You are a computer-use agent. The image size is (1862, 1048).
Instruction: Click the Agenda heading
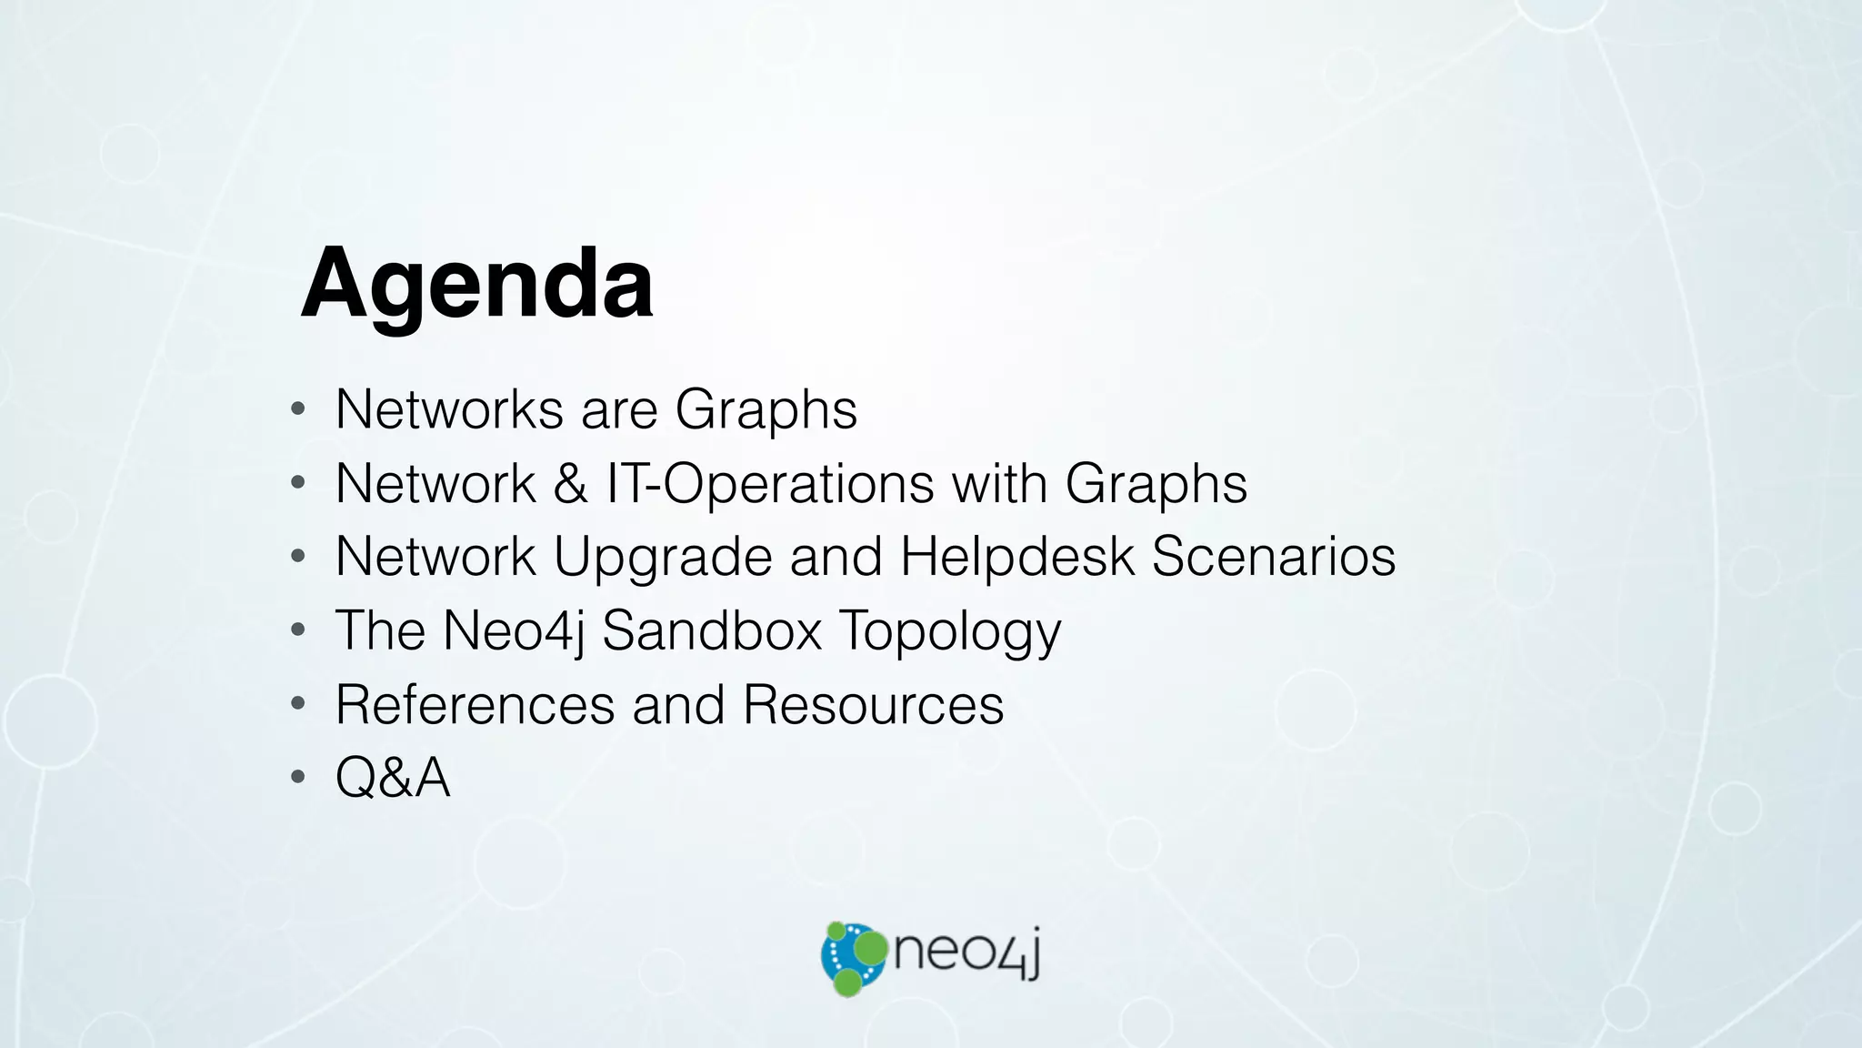click(476, 284)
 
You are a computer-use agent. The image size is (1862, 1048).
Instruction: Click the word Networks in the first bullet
click(449, 409)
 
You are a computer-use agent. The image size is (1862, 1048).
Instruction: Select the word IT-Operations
click(770, 483)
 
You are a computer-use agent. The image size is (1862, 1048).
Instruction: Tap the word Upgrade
click(663, 556)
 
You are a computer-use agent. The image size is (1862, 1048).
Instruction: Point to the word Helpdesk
click(1017, 556)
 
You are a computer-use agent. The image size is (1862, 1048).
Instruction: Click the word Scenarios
click(1273, 556)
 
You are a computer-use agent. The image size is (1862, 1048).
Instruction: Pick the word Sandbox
click(712, 630)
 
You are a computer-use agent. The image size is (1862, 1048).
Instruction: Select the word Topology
click(950, 631)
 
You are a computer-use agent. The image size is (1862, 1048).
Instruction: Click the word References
click(476, 704)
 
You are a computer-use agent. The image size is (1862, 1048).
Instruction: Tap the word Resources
click(873, 704)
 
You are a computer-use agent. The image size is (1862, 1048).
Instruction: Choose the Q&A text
click(393, 778)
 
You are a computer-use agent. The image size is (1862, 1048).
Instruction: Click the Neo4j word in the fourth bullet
click(514, 630)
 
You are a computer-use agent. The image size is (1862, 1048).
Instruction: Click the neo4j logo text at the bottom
click(966, 952)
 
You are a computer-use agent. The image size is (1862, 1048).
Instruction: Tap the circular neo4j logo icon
click(852, 958)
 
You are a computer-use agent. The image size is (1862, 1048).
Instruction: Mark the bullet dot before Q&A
click(298, 778)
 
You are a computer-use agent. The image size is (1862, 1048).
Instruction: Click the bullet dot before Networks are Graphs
click(298, 409)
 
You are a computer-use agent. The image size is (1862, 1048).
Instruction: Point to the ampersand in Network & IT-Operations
click(570, 483)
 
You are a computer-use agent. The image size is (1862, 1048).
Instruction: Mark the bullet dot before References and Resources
click(298, 704)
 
